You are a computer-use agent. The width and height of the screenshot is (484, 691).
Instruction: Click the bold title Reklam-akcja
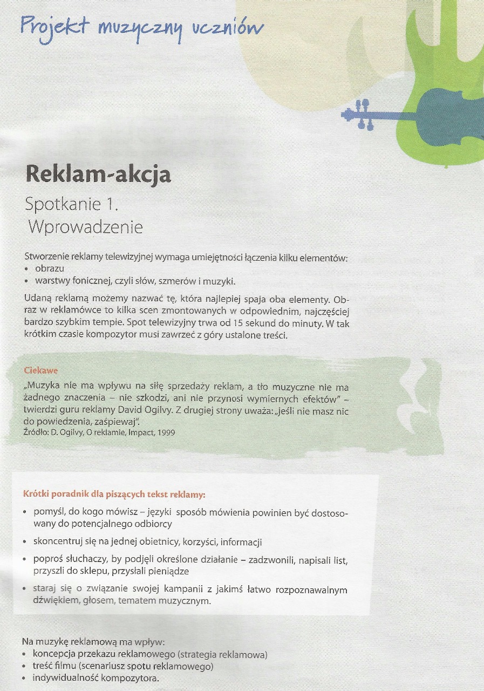click(98, 174)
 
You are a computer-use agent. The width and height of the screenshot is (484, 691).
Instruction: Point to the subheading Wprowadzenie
click(85, 227)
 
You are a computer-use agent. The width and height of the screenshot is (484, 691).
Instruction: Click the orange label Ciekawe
click(41, 371)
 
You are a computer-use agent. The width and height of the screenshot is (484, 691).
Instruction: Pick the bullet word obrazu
click(50, 268)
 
